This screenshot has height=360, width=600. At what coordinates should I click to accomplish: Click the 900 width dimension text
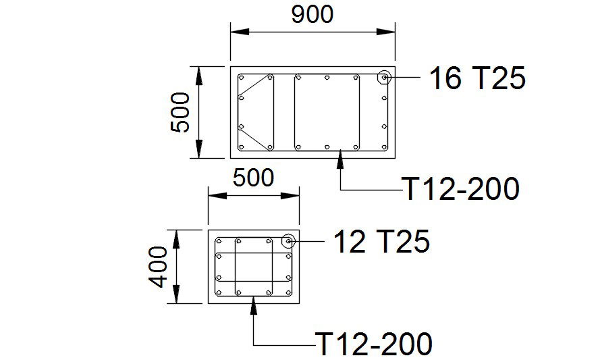click(312, 15)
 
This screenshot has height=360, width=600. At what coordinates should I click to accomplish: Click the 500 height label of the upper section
click(180, 112)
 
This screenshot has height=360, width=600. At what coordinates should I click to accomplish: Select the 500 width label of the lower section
click(253, 178)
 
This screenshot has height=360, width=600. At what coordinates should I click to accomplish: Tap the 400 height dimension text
click(158, 267)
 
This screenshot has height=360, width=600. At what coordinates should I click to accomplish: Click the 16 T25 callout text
click(477, 78)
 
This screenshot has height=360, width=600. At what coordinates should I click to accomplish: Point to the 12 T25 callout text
click(382, 241)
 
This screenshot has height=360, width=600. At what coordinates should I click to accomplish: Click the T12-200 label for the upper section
click(461, 188)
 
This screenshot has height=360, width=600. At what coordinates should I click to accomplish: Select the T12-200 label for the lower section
click(373, 344)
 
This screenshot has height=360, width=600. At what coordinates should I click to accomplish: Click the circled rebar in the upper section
click(384, 78)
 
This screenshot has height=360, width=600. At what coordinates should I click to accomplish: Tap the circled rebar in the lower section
click(288, 241)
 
